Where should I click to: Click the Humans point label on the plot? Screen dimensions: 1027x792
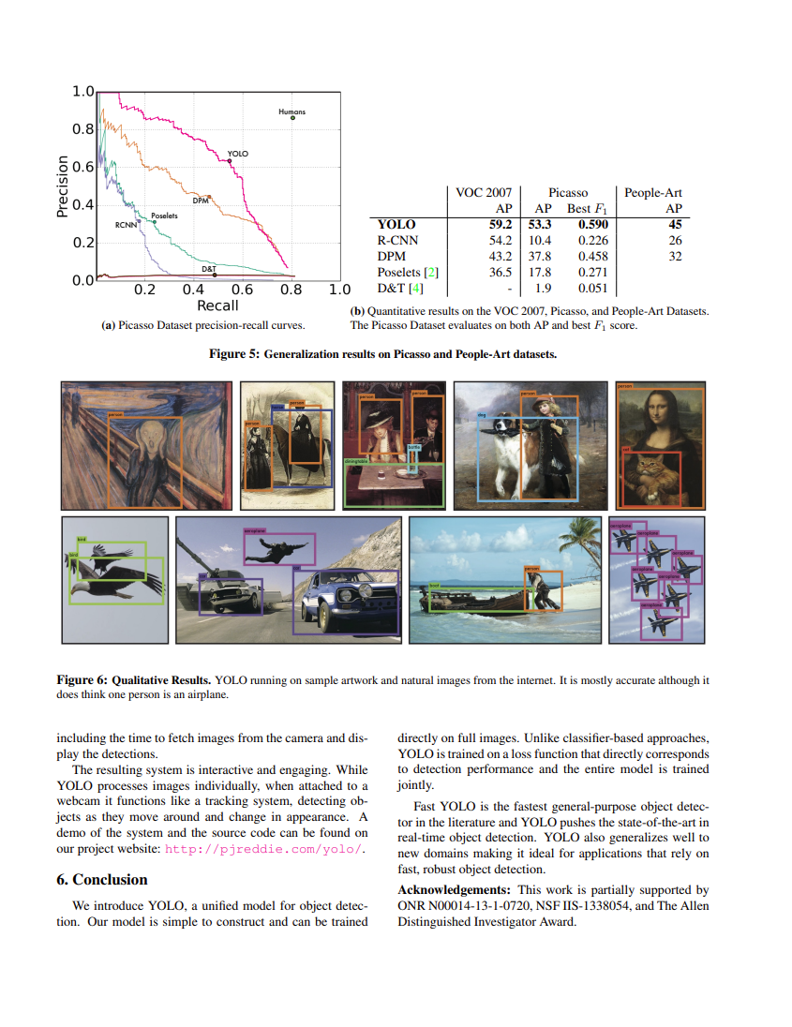[x=291, y=112]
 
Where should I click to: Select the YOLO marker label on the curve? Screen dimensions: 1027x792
[x=238, y=152]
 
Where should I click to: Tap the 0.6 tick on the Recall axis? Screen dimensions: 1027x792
[x=243, y=290]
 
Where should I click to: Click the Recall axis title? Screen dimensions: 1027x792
[x=217, y=305]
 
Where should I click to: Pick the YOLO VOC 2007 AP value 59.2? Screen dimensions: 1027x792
[x=501, y=225]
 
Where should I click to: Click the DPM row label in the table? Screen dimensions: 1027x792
[x=392, y=256]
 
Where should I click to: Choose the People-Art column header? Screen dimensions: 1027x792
[x=653, y=192]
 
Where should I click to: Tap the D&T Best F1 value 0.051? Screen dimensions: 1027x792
[x=593, y=288]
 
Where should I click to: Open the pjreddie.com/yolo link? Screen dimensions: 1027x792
[x=262, y=849]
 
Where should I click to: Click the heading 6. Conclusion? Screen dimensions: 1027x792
[x=102, y=879]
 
